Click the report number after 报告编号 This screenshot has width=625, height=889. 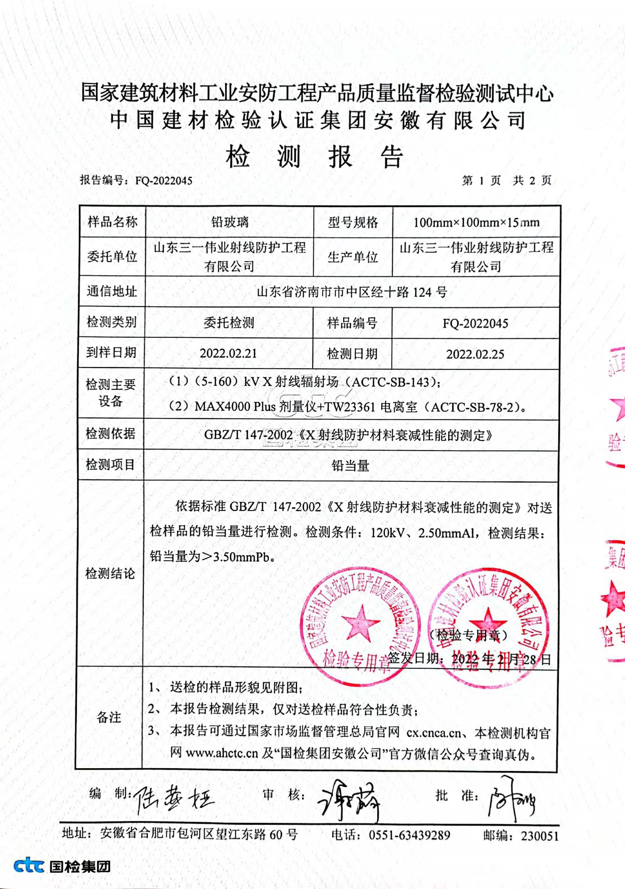pos(164,180)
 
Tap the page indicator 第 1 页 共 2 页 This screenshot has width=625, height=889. pos(506,180)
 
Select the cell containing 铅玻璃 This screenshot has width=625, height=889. pos(229,222)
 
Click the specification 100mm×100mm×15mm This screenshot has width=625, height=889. pos(476,222)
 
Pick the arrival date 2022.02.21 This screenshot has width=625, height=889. pos(228,353)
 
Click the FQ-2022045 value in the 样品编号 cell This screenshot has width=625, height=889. pos(475,323)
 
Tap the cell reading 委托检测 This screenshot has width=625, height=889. pos(229,323)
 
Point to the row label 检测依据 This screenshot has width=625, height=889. pos(111,433)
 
